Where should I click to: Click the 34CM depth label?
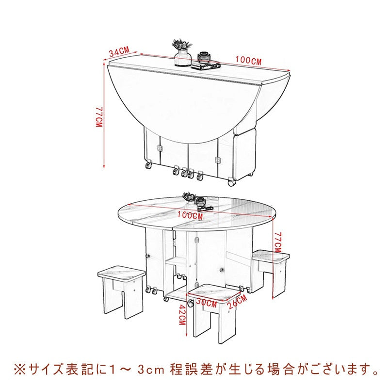pos(119,52)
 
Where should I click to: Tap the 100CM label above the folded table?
pos(249,61)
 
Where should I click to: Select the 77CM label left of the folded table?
pos(99,116)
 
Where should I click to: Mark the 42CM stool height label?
pos(181,316)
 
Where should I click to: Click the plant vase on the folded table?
pos(182,53)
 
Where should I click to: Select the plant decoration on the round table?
pos(188,198)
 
